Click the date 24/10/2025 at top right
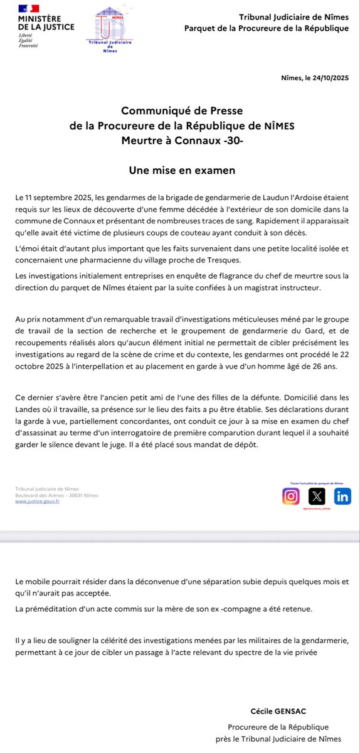326,77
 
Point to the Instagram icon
291,496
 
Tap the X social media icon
318,496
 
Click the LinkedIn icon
342,496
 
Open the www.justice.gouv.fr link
37,501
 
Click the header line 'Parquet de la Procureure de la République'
267,28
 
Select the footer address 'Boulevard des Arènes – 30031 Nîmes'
56,495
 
